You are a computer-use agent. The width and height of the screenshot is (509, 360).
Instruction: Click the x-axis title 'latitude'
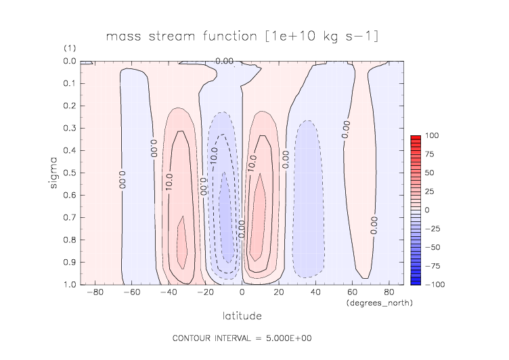coord(242,316)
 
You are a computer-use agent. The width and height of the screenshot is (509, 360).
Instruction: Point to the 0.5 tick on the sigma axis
coord(80,173)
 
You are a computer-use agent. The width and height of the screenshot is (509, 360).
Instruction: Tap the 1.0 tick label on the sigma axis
coord(70,284)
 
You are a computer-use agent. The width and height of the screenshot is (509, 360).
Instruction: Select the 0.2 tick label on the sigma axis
coord(70,106)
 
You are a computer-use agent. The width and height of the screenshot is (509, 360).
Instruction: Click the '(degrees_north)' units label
coord(379,303)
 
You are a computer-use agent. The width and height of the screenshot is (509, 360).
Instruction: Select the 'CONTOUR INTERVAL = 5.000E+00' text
coord(242,338)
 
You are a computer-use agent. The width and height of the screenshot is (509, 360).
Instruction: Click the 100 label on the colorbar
coord(431,136)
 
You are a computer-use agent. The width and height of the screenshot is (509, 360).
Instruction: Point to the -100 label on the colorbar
coord(433,284)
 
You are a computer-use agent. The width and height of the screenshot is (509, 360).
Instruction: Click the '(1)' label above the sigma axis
coord(69,48)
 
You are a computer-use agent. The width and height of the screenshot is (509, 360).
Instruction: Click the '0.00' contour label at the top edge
coord(225,61)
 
